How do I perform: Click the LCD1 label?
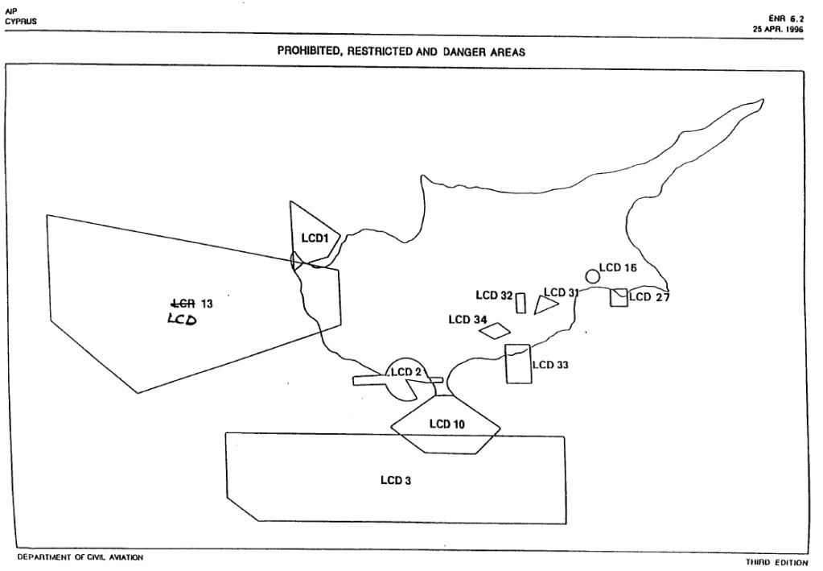315,238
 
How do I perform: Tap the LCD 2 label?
405,372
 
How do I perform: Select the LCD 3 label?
396,481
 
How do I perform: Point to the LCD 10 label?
446,424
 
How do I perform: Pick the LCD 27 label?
649,297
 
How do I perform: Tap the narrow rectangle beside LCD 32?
521,303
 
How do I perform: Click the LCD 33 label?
550,365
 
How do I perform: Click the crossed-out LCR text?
183,303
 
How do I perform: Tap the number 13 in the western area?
207,304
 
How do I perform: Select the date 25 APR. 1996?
778,30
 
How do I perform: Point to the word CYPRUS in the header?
21,22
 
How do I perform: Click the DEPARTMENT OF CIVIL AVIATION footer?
80,557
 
